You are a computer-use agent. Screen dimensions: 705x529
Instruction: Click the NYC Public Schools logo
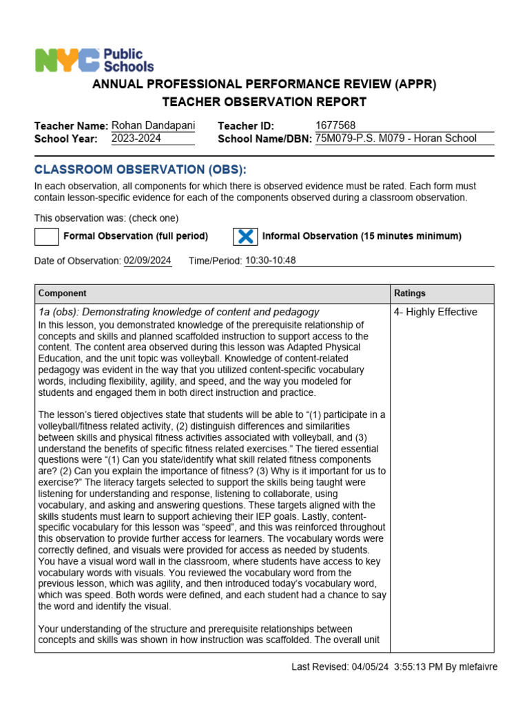click(94, 61)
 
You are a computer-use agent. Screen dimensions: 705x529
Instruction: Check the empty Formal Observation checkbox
click(46, 236)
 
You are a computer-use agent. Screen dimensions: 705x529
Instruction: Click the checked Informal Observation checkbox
click(245, 236)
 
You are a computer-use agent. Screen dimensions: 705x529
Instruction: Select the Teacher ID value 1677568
click(335, 125)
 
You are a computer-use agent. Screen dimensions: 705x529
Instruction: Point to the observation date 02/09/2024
click(147, 260)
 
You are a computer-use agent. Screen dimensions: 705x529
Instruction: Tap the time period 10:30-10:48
click(271, 260)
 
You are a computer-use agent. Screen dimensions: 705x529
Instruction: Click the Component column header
click(63, 293)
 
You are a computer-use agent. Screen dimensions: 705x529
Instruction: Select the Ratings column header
click(409, 293)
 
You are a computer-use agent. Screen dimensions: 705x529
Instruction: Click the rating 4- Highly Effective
click(435, 312)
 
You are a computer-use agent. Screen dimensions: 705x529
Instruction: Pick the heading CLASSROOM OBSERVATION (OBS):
click(140, 170)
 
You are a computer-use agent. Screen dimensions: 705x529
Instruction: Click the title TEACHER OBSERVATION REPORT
click(264, 102)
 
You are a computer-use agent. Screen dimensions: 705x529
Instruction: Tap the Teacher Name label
click(71, 126)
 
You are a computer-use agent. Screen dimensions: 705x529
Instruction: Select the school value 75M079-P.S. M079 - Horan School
click(395, 138)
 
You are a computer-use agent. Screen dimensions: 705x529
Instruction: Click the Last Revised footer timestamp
click(394, 666)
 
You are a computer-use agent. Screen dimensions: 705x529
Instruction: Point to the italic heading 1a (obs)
click(178, 312)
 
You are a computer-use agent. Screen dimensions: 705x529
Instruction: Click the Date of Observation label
click(77, 261)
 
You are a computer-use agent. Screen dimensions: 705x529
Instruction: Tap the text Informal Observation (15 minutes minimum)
click(362, 236)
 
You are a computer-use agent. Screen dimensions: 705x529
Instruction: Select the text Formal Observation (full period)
click(136, 236)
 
